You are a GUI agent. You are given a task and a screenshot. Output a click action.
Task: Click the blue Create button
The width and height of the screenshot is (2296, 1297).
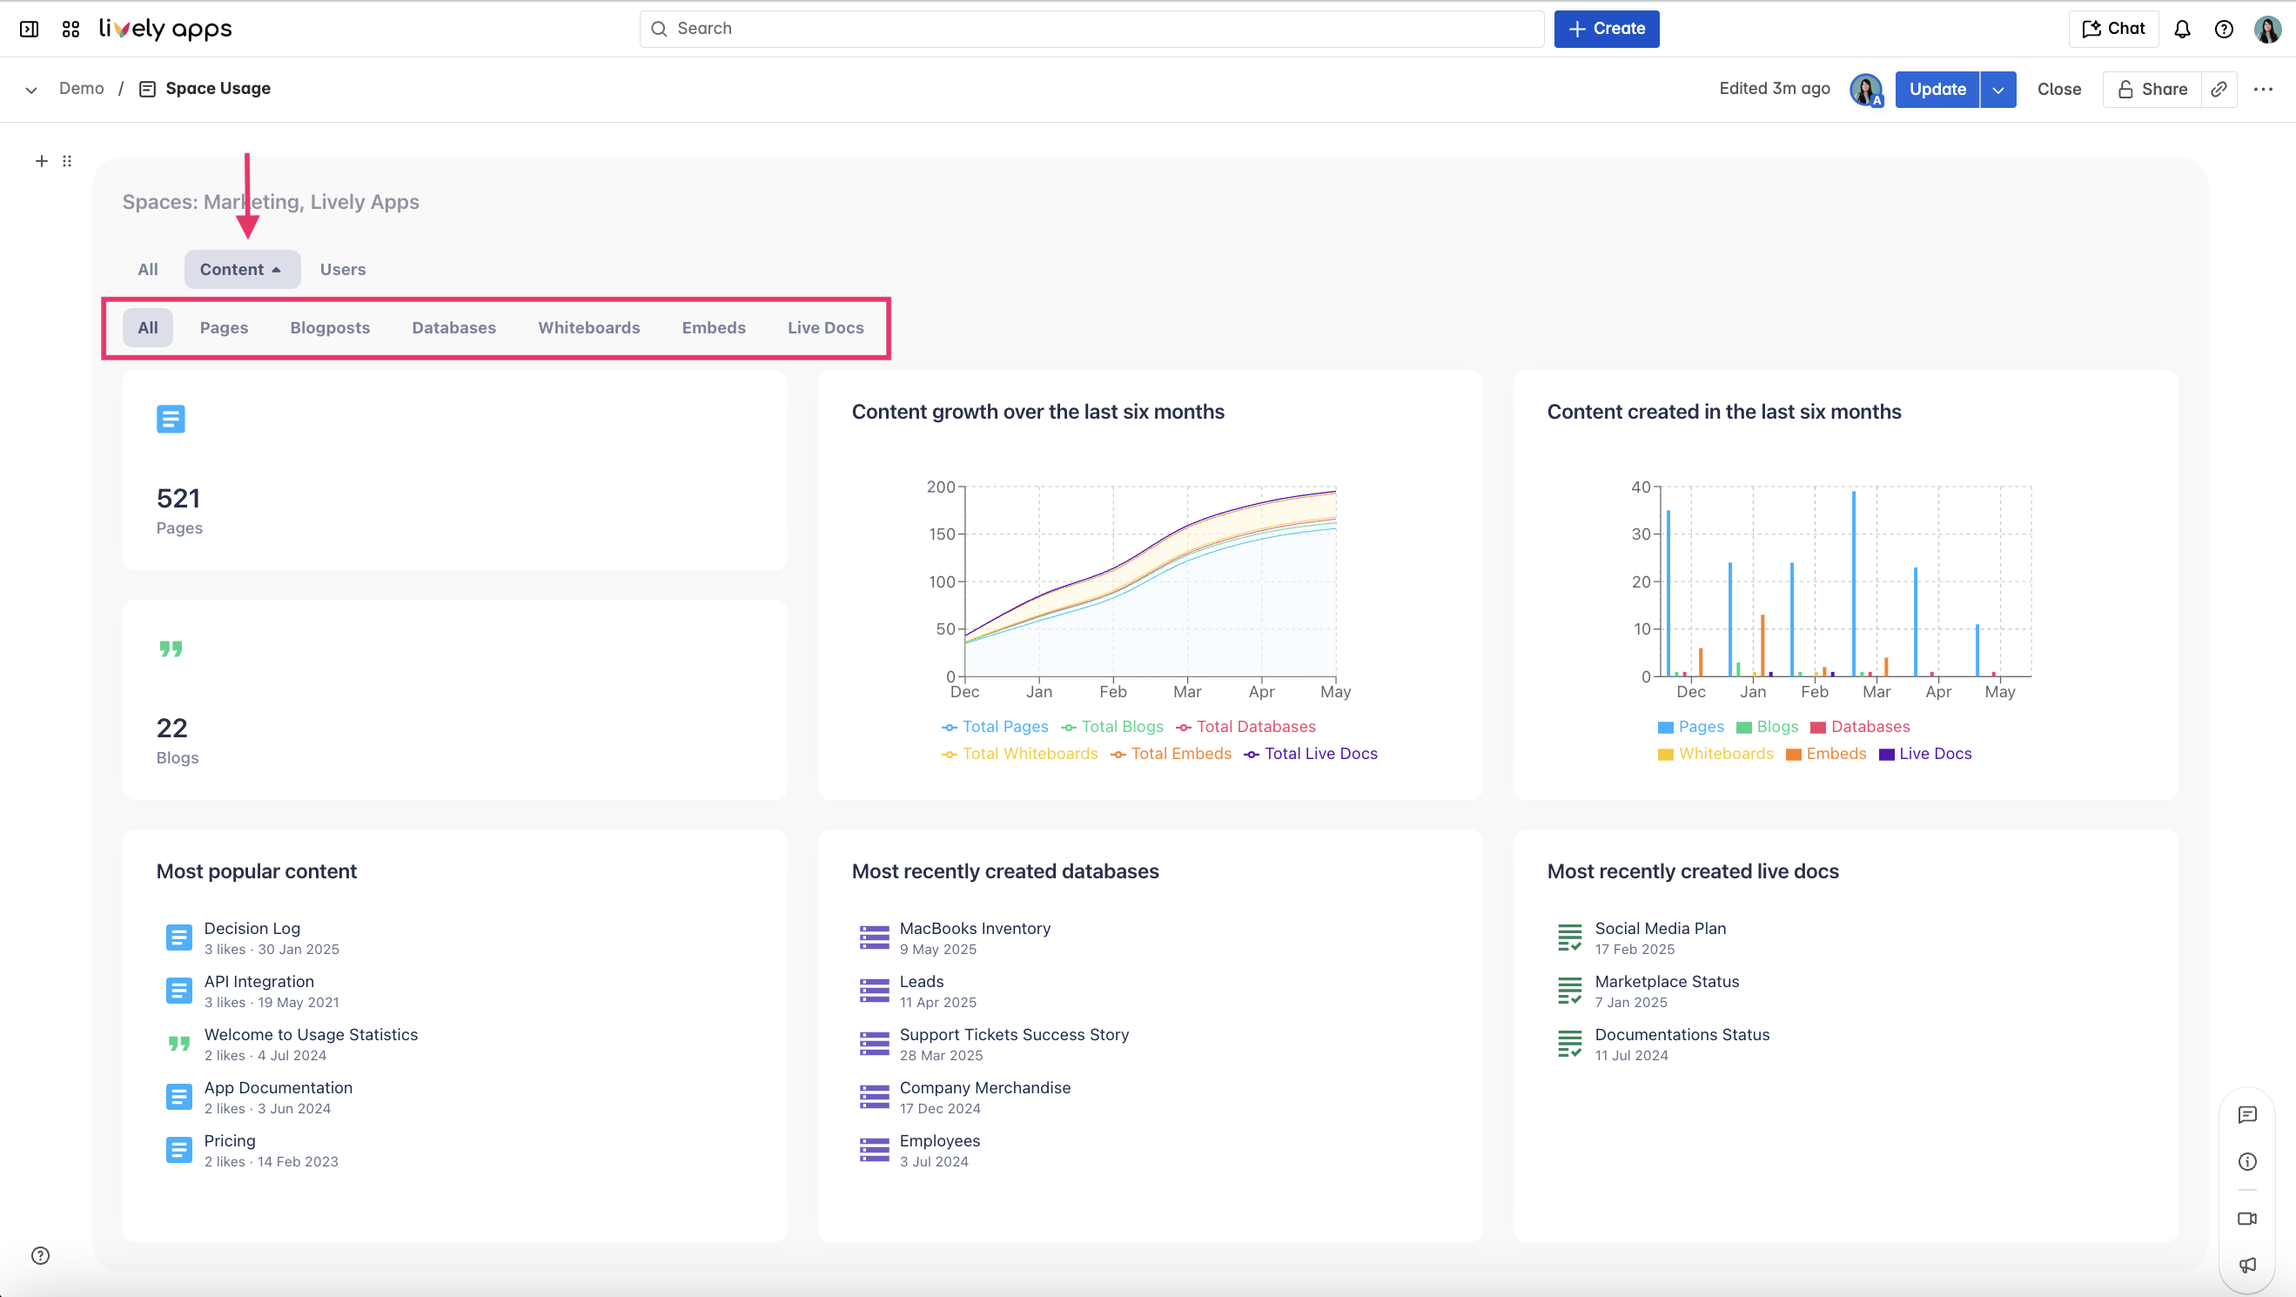pyautogui.click(x=1605, y=29)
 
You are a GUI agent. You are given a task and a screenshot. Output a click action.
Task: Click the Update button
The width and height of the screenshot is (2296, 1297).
pyautogui.click(x=1936, y=89)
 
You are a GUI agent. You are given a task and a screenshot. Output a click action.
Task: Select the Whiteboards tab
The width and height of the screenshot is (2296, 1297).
pyautogui.click(x=588, y=327)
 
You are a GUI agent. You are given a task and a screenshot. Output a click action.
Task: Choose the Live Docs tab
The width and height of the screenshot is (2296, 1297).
pyautogui.click(x=824, y=327)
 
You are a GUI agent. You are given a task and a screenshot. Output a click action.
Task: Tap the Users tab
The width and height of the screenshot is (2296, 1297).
pyautogui.click(x=342, y=269)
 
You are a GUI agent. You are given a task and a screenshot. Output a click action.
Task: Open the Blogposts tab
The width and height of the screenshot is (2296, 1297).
pyautogui.click(x=330, y=327)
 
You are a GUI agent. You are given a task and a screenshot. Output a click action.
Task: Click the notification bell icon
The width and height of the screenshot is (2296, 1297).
pyautogui.click(x=2181, y=29)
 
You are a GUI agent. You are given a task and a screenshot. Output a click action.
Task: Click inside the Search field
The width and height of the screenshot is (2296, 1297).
pyautogui.click(x=1091, y=29)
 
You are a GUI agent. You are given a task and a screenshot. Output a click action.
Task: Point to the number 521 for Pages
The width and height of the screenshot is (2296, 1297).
pyautogui.click(x=178, y=498)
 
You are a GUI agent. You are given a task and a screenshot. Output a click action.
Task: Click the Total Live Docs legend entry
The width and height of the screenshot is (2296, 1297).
pyautogui.click(x=1320, y=753)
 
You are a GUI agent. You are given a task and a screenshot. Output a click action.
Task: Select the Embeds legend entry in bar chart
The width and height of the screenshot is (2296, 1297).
pyautogui.click(x=1836, y=753)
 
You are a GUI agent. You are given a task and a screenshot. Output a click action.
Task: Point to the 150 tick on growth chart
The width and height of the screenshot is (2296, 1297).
pyautogui.click(x=941, y=534)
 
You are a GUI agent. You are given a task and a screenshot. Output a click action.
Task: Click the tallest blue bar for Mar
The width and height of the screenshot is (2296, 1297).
pyautogui.click(x=1854, y=583)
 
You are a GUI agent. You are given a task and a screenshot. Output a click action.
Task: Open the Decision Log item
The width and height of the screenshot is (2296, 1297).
pyautogui.click(x=252, y=928)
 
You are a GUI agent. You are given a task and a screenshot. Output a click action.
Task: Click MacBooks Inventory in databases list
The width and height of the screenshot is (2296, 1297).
pyautogui.click(x=974, y=928)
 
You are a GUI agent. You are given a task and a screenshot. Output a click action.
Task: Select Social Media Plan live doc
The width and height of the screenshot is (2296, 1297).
pyautogui.click(x=1660, y=928)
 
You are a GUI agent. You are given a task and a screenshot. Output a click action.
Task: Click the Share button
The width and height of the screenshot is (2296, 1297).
pyautogui.click(x=2152, y=89)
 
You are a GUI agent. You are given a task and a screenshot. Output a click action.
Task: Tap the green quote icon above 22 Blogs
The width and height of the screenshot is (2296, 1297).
pyautogui.click(x=171, y=649)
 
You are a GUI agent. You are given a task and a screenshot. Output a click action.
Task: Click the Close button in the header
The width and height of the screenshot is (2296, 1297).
pyautogui.click(x=2058, y=89)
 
